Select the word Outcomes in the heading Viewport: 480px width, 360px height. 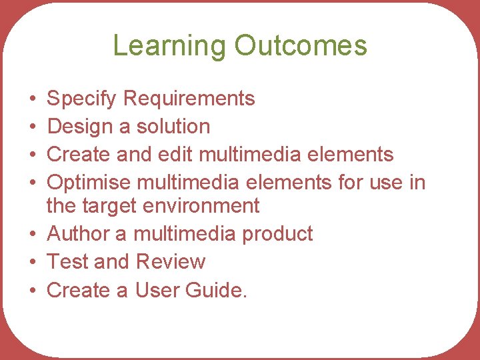click(301, 46)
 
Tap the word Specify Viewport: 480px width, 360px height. click(83, 99)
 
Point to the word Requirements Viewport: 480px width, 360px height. click(189, 99)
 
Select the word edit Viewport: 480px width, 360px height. click(175, 154)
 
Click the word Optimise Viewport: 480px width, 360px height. click(90, 182)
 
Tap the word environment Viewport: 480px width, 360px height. click(201, 206)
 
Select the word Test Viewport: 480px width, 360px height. click(67, 262)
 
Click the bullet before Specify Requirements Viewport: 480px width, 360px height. click(33, 99)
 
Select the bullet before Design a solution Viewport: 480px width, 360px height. click(33, 127)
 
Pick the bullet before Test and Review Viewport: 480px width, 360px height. click(33, 262)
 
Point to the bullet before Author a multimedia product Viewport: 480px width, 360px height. click(33, 235)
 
